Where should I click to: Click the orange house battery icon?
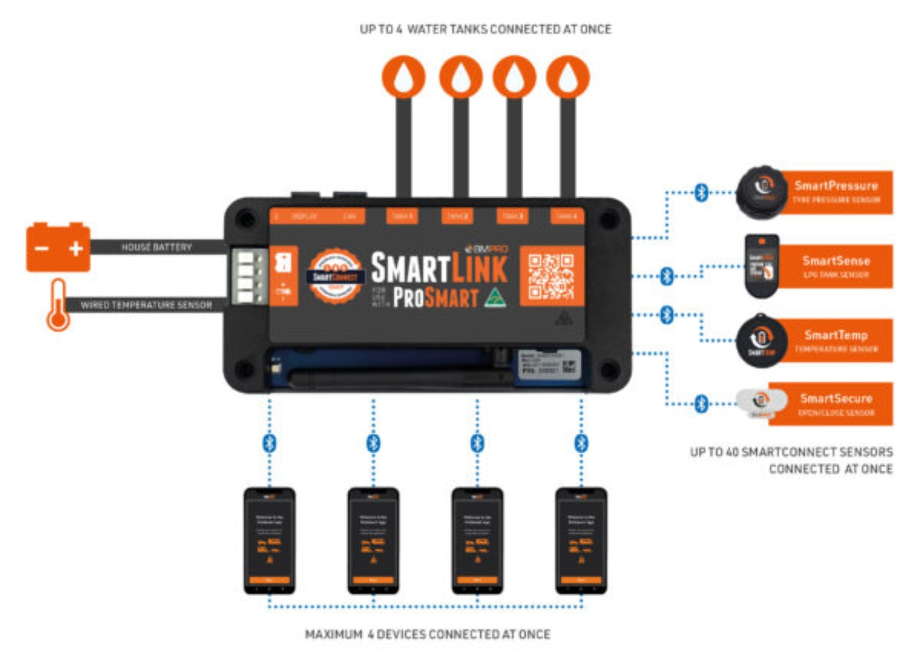pos(58,247)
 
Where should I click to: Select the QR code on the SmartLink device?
pos(551,276)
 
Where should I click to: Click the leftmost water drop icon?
pos(404,77)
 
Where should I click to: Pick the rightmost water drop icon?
pos(568,77)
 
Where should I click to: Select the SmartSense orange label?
pos(836,266)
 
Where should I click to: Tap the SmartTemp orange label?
pos(836,341)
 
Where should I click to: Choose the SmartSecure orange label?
pos(836,404)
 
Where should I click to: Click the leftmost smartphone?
pos(269,540)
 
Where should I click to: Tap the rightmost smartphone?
pos(581,540)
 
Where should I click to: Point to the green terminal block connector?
pos(248,276)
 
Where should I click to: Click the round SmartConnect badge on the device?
pos(335,276)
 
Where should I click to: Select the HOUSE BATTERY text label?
pos(156,247)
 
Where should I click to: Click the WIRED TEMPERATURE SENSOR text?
pos(146,304)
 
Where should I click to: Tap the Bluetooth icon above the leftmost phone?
pos(269,443)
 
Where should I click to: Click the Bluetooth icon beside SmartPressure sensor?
pos(701,192)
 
